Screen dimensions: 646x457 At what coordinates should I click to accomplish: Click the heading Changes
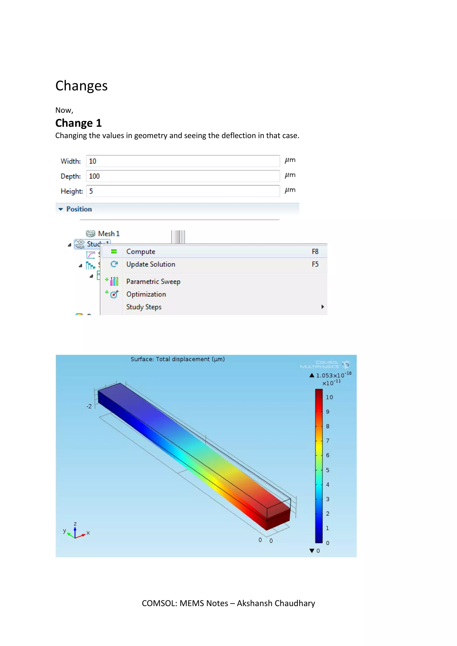click(x=81, y=86)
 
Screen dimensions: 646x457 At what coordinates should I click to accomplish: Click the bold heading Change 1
click(x=78, y=123)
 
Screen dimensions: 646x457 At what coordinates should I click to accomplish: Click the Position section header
click(x=79, y=209)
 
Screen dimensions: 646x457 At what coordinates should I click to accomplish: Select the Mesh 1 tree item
click(x=109, y=234)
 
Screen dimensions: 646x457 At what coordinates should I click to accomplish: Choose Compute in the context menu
click(x=141, y=252)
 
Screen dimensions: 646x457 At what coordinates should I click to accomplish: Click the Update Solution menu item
click(x=151, y=264)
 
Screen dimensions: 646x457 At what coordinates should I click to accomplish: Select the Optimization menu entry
click(x=146, y=294)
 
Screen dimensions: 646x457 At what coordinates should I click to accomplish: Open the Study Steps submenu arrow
click(x=322, y=307)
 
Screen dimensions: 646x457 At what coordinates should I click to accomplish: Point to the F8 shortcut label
click(x=315, y=252)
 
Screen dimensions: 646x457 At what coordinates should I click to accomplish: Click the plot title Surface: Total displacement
click(x=178, y=359)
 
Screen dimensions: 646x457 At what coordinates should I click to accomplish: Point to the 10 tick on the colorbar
click(x=329, y=397)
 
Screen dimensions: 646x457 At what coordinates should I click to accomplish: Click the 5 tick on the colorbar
click(x=328, y=470)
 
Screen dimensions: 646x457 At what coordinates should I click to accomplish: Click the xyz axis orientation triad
click(x=75, y=532)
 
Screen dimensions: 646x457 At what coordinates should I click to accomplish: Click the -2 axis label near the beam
click(x=89, y=406)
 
